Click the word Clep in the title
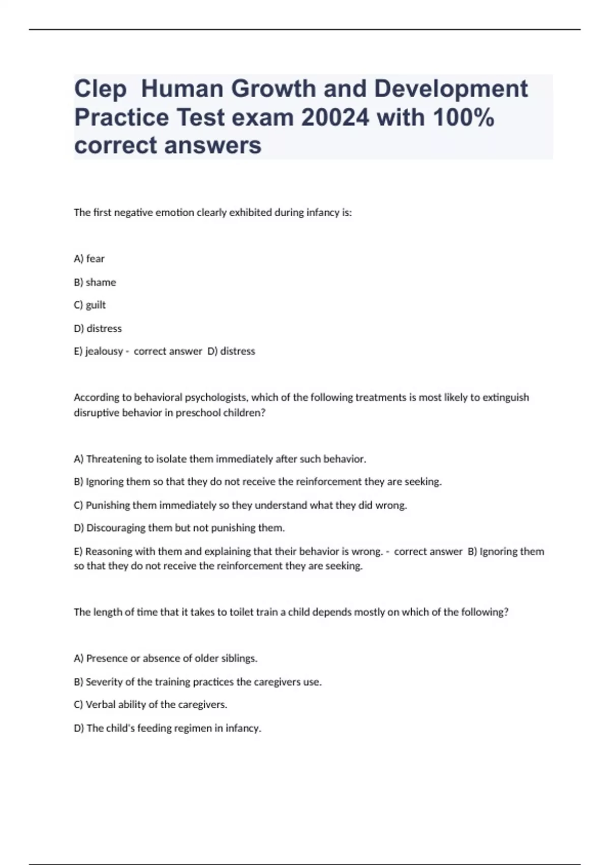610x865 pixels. [x=100, y=90]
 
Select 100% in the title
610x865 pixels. [x=463, y=118]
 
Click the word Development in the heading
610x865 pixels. [x=451, y=90]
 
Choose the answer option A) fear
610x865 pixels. [x=89, y=259]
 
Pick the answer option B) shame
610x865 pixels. [x=95, y=282]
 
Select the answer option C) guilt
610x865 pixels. [x=90, y=305]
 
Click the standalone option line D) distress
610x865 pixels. [x=98, y=329]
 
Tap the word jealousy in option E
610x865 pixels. [x=104, y=352]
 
